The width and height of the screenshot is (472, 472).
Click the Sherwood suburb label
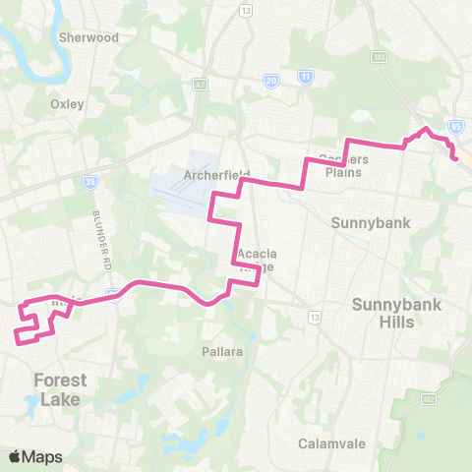[x=88, y=37]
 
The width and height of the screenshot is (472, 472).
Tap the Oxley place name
[x=67, y=103]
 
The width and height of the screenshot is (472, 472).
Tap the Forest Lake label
[x=60, y=389]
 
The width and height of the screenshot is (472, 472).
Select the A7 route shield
[x=202, y=88]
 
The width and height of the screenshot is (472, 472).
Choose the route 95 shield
[x=455, y=127]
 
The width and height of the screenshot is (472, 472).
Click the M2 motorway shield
[x=429, y=398]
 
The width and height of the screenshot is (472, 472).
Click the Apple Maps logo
[x=35, y=457]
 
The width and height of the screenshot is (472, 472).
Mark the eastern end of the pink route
[x=455, y=158]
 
